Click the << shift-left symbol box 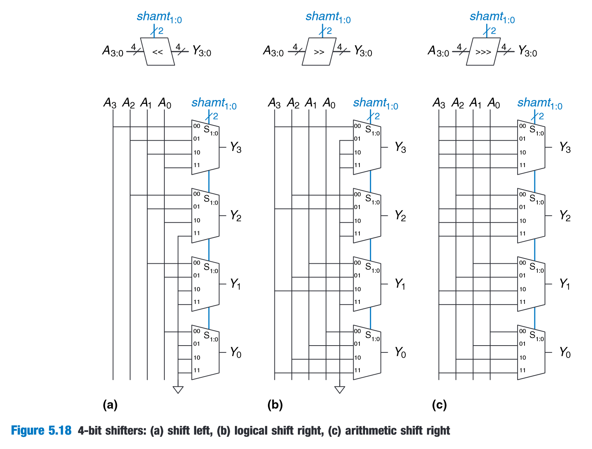click(x=157, y=52)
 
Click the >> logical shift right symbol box click(x=319, y=52)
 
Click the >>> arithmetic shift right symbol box click(x=483, y=52)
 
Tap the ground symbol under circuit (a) click(x=178, y=390)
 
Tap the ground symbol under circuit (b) click(x=340, y=390)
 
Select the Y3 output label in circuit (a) click(x=236, y=147)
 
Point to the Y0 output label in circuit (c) click(x=565, y=353)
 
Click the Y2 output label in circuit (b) click(x=400, y=216)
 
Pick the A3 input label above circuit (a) click(x=110, y=103)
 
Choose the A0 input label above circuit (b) click(x=329, y=103)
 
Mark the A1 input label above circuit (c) click(x=475, y=103)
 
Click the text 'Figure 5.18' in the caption click(x=41, y=431)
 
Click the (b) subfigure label click(x=275, y=405)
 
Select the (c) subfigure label click(x=439, y=405)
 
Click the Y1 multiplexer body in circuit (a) click(x=205, y=284)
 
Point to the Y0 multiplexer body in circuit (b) click(x=367, y=352)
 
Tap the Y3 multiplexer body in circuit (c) click(x=531, y=147)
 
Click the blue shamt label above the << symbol click(x=159, y=17)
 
